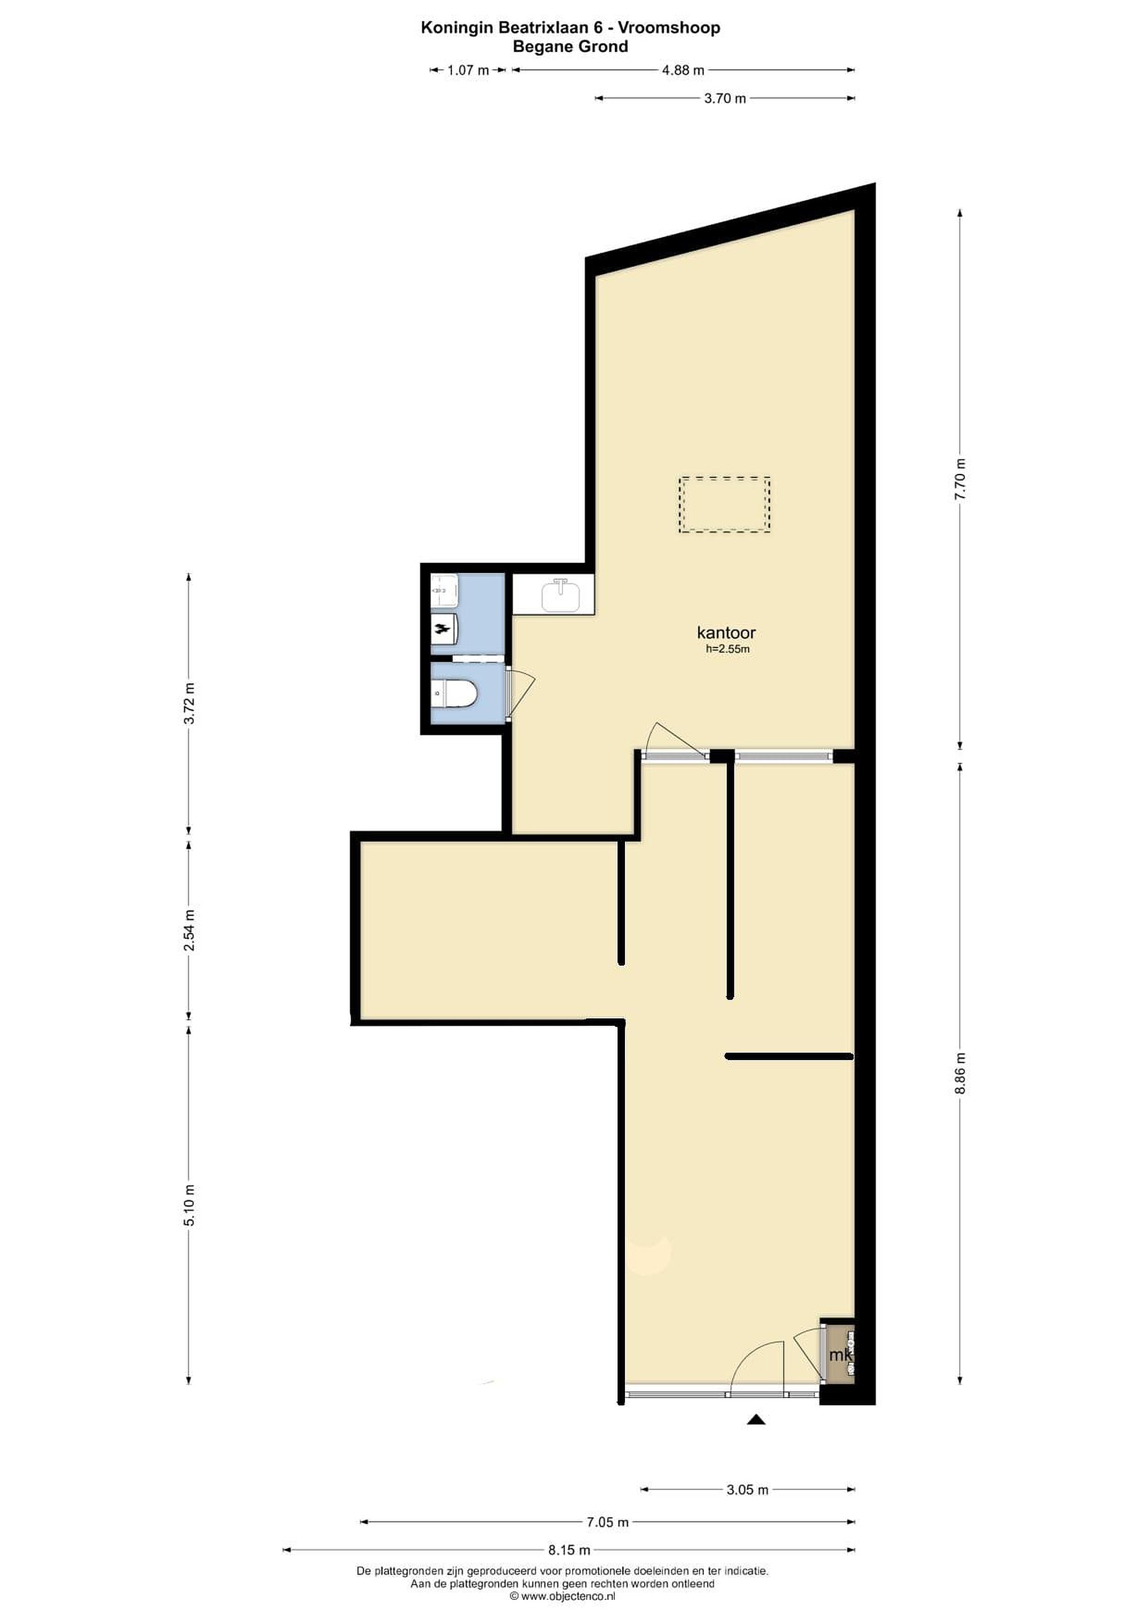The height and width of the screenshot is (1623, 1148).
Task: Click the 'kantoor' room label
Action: (x=726, y=633)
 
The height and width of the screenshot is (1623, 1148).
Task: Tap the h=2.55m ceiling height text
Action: (x=728, y=649)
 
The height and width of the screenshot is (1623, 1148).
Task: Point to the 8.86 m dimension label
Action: (x=960, y=1074)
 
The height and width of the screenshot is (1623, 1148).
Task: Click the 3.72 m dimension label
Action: (x=189, y=703)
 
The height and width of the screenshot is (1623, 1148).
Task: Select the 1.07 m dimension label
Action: (x=469, y=70)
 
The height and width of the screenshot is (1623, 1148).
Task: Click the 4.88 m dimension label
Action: (x=683, y=70)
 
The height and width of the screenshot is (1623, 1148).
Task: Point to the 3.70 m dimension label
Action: (x=725, y=98)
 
